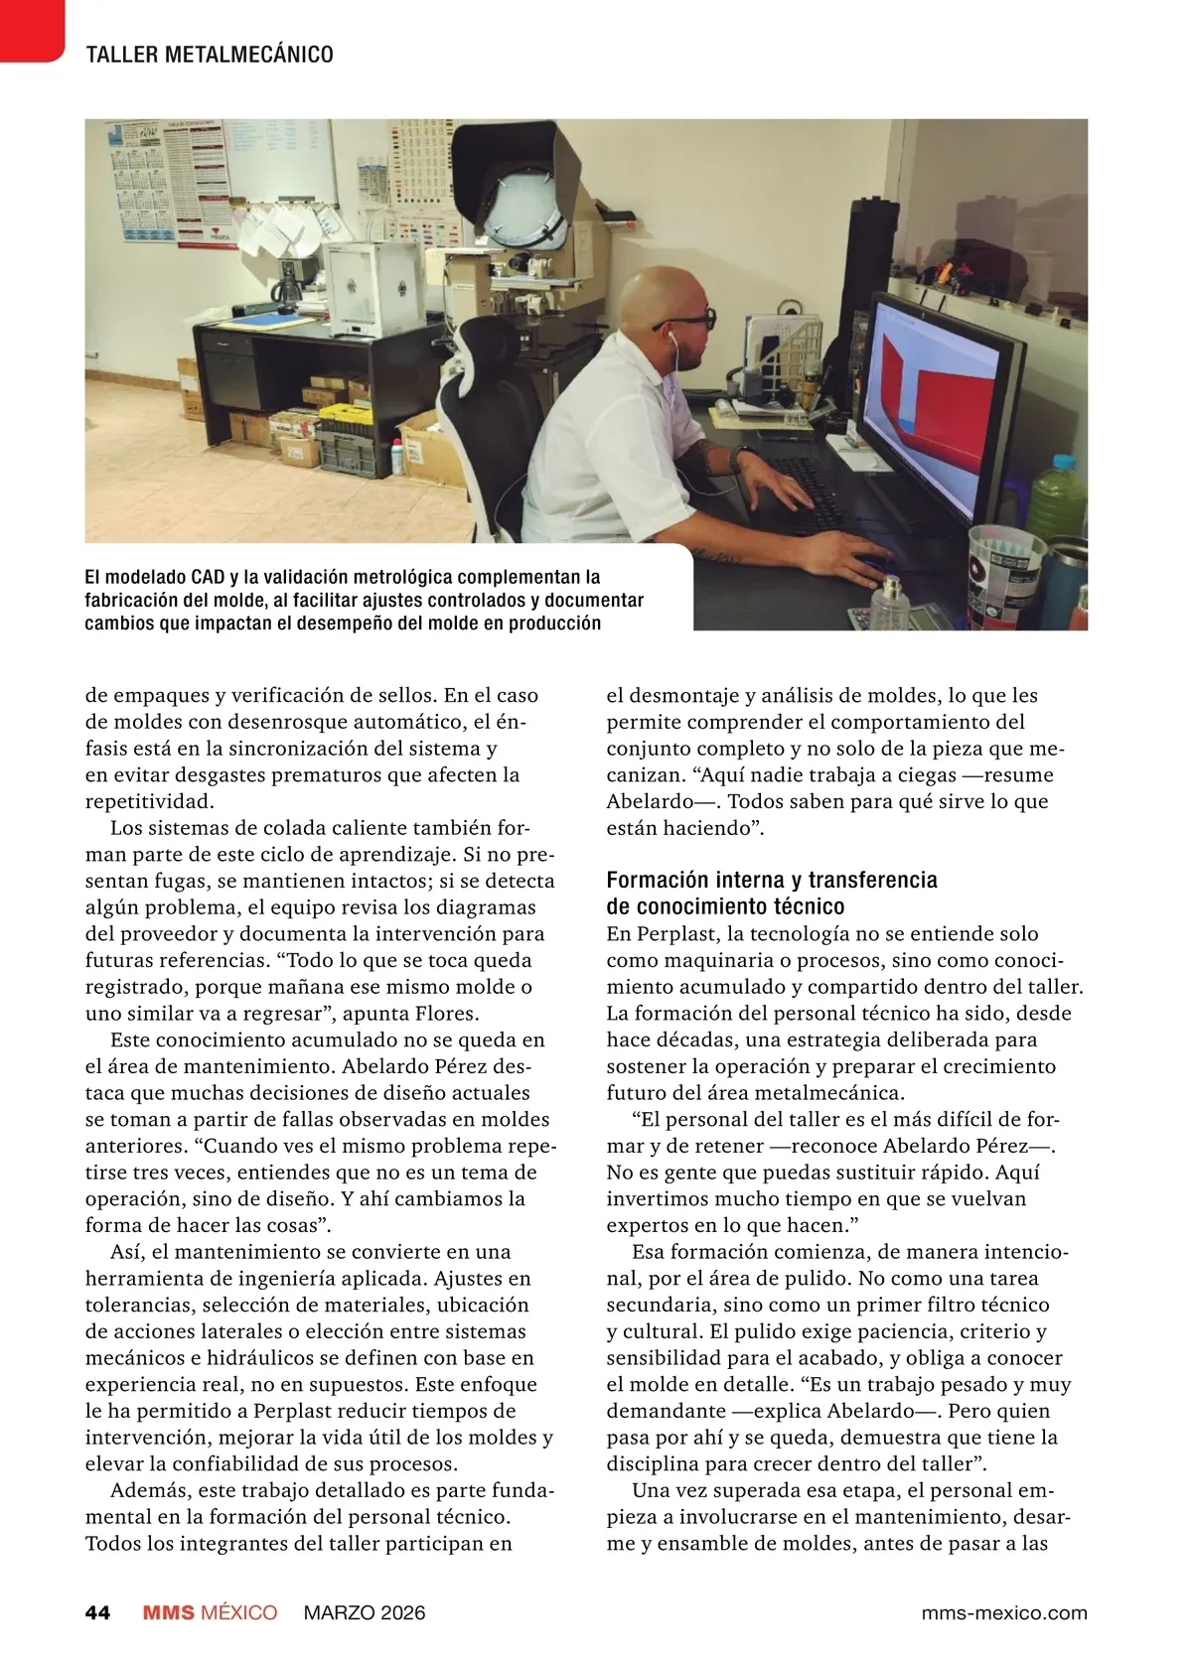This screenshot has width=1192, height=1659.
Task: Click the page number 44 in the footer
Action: click(97, 1612)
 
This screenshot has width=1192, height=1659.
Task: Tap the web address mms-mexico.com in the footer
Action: click(1003, 1612)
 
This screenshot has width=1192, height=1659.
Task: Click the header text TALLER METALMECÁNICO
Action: click(210, 55)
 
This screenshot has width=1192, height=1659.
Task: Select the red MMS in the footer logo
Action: click(168, 1612)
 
